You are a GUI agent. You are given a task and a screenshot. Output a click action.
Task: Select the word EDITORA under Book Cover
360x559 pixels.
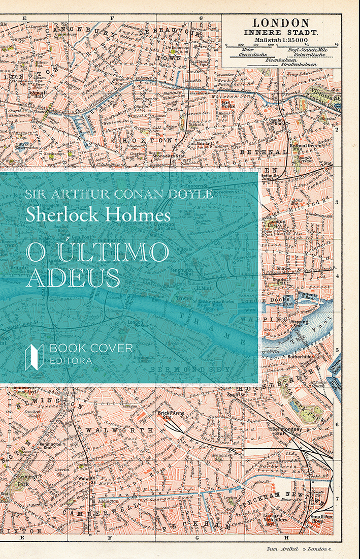[71, 361]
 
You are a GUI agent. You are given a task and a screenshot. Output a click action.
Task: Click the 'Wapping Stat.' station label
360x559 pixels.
[300, 323]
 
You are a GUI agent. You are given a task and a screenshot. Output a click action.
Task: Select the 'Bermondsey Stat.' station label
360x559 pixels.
[288, 431]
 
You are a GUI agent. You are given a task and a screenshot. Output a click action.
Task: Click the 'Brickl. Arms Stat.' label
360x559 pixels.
[172, 416]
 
